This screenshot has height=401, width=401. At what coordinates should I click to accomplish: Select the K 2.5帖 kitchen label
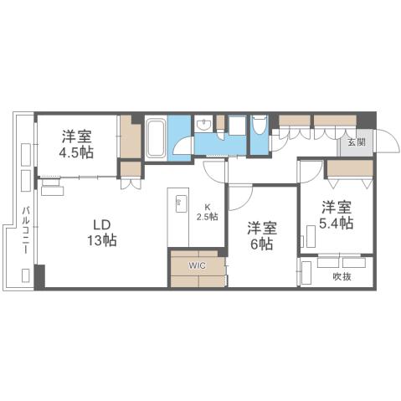207,212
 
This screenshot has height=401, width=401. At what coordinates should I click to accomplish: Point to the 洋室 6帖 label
260,234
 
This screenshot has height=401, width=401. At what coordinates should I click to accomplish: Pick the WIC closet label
196,265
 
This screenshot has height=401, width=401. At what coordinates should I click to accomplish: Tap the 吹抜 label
342,275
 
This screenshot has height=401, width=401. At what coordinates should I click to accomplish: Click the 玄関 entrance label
355,141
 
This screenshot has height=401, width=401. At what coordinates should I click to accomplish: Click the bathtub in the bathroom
156,136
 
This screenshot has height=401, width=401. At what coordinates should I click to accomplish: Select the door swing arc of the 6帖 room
239,199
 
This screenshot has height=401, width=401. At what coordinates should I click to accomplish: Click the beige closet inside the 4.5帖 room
130,136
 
